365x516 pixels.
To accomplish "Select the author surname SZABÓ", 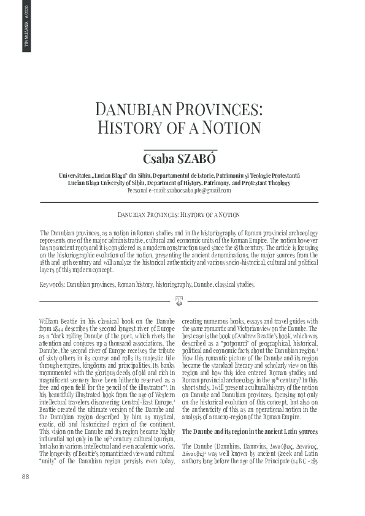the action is click(198, 159).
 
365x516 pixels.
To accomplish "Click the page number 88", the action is click(26, 494).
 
